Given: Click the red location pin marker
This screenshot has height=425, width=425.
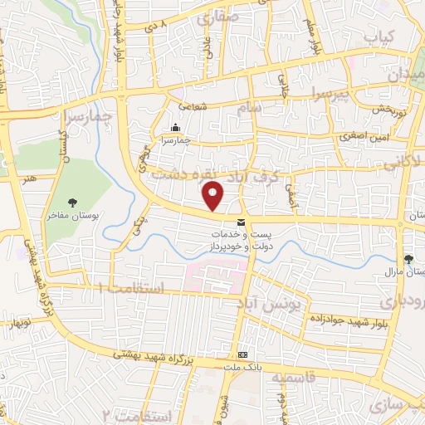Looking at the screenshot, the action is [214, 195].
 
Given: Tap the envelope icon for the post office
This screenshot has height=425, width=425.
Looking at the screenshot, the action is [241, 222].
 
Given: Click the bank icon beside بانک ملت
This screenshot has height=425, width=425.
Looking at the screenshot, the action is [242, 352].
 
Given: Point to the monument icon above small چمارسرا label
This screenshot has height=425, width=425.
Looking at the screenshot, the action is [175, 128].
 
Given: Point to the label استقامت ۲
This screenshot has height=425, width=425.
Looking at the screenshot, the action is [135, 414].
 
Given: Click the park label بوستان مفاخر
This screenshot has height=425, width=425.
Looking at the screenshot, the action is [74, 215].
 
